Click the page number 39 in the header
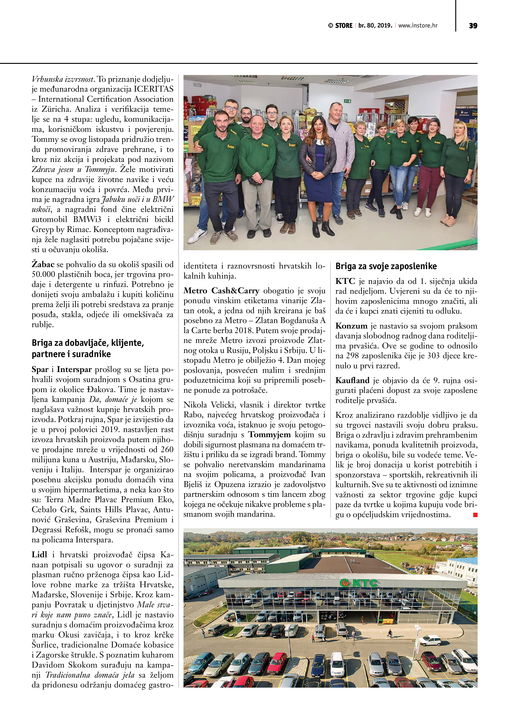473,26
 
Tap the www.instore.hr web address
418,26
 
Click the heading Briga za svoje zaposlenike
386,266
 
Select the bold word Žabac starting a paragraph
43,265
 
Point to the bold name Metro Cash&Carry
221,291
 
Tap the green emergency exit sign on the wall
347,101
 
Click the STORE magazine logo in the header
340,26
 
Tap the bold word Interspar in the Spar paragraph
74,370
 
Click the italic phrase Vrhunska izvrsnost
63,79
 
